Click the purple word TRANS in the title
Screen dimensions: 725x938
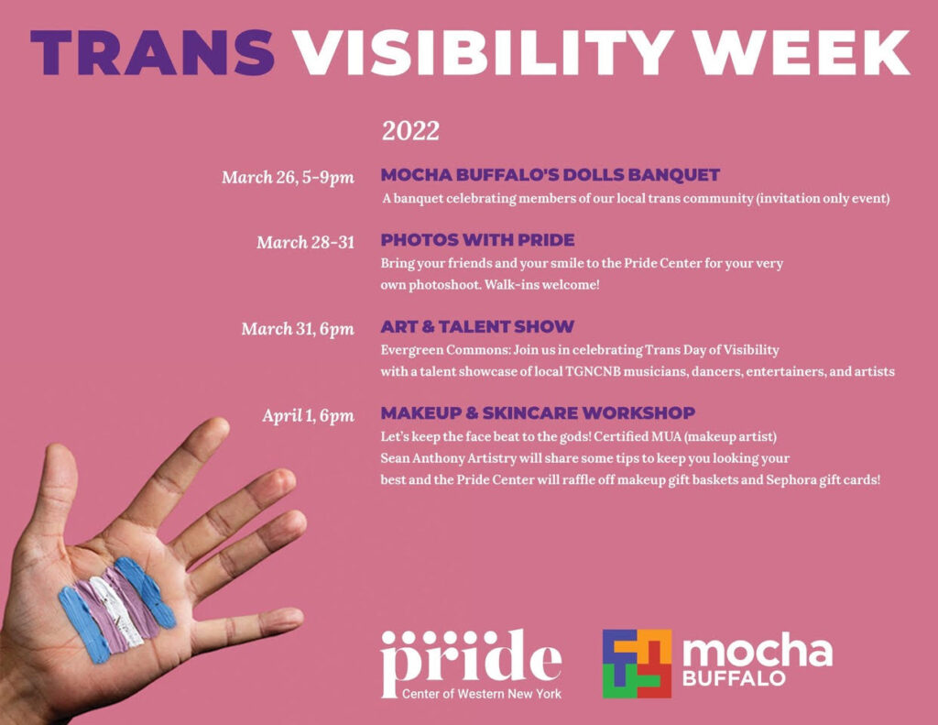click(x=152, y=52)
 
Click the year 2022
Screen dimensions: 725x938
click(x=410, y=131)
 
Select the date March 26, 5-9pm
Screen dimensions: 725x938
click(x=288, y=178)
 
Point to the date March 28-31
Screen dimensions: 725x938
click(x=305, y=243)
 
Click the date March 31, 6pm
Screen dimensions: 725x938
click(x=298, y=329)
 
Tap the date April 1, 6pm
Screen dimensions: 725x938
click(x=308, y=416)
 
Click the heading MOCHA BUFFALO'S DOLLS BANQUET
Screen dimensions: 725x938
click(x=550, y=175)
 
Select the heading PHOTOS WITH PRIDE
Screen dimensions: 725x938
click(x=477, y=240)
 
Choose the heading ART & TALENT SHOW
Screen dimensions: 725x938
click(x=477, y=326)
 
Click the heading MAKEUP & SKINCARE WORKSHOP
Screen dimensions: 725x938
click(x=538, y=412)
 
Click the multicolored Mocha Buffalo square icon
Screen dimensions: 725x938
click(x=637, y=664)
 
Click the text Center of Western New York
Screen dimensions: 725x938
click(x=482, y=694)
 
